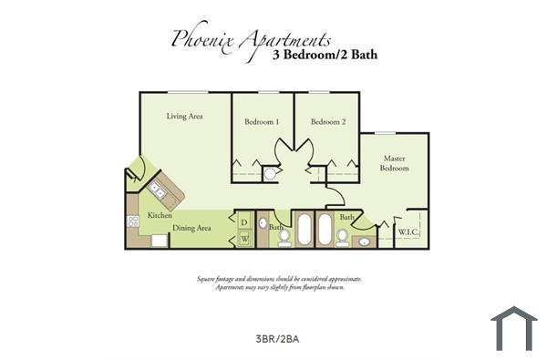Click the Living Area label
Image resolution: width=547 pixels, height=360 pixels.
[x=183, y=117]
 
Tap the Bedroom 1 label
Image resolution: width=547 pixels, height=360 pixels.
[x=262, y=122]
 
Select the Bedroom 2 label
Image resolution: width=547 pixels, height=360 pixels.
[x=327, y=122]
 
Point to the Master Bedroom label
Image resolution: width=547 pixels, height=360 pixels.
[x=395, y=163]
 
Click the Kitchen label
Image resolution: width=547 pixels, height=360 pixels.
[x=160, y=216]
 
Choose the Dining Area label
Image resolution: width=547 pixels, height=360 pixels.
[x=192, y=228]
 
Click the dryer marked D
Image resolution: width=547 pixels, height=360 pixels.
[x=244, y=221]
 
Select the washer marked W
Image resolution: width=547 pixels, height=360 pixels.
[x=244, y=238]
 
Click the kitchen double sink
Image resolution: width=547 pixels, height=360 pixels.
[x=157, y=190]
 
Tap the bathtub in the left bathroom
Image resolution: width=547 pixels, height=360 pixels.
[x=304, y=230]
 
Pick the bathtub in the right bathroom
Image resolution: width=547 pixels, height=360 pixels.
[x=325, y=230]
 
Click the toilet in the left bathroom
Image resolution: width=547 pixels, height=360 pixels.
[x=284, y=237]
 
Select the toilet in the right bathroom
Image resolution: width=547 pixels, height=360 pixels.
[x=342, y=237]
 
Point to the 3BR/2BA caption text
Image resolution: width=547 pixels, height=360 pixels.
[x=278, y=339]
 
